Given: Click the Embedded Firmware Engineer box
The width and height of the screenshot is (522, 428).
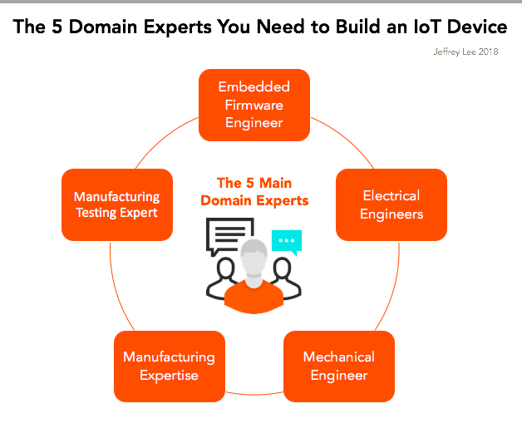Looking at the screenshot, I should coord(254,105).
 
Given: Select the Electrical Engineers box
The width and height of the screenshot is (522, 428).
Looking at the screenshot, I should coord(391,204).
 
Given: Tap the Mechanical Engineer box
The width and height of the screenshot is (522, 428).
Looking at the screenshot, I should coord(339,366).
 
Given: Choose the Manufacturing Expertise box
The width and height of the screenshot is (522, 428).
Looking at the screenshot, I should coord(169,366).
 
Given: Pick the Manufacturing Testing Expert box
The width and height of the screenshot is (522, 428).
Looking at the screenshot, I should coord(116,204).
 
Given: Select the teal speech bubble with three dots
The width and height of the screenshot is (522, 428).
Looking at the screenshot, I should coord(287,242).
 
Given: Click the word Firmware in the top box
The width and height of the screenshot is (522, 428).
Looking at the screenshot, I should coord(254,105).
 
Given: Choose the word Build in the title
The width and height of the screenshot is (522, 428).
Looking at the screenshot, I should coord(333,27).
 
